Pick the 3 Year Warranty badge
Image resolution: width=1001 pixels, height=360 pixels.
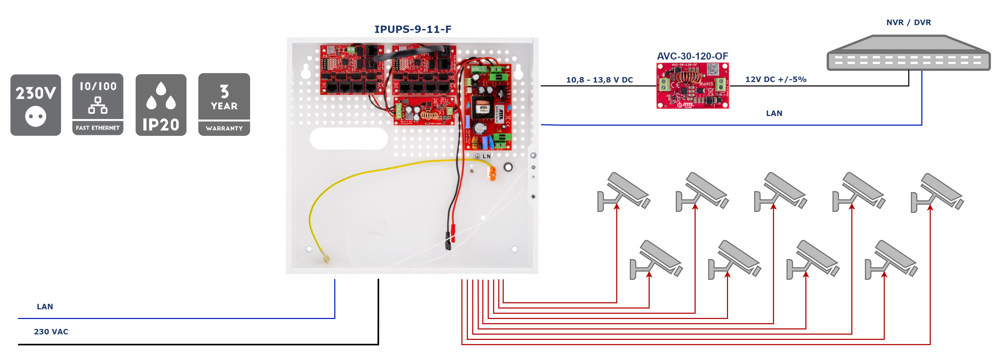224,104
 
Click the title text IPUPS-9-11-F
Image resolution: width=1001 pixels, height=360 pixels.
413,29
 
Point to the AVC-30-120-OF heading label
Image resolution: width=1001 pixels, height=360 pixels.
692,56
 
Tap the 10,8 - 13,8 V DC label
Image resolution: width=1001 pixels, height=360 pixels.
599,80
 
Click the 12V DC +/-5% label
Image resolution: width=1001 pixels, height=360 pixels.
776,79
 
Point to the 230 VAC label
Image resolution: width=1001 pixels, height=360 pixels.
51,332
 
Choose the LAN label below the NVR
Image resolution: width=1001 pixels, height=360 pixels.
774,113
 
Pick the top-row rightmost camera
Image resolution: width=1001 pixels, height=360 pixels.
937,192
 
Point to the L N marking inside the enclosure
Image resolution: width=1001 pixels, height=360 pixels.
486,156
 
